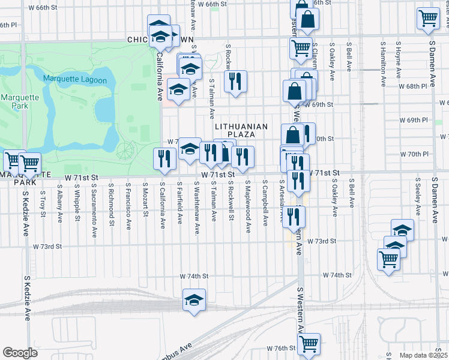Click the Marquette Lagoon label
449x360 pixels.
[75, 80]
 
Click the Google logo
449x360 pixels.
[20, 353]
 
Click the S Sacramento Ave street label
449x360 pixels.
[94, 204]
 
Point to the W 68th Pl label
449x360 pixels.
[414, 86]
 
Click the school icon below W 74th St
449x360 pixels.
[194, 299]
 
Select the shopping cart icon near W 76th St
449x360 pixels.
[309, 344]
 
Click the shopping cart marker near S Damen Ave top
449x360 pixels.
[428, 18]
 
